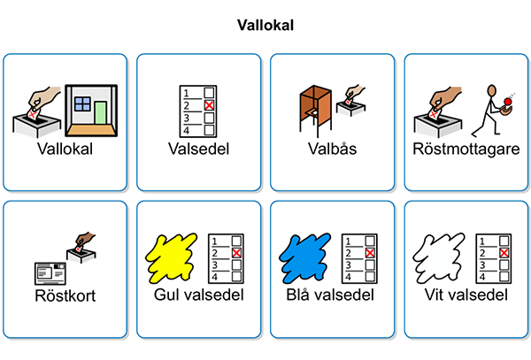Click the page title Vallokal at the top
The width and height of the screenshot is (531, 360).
pyautogui.click(x=265, y=26)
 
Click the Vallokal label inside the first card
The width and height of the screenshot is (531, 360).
pyautogui.click(x=65, y=149)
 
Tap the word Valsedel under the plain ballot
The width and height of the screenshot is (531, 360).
pyautogui.click(x=199, y=149)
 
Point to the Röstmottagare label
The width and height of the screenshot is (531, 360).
pyautogui.click(x=466, y=149)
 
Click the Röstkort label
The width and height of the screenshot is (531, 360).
pyautogui.click(x=65, y=295)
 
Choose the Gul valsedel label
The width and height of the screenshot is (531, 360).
pyautogui.click(x=199, y=295)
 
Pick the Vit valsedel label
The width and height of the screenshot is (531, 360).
pyautogui.click(x=466, y=295)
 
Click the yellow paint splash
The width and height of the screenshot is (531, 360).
pyautogui.click(x=173, y=257)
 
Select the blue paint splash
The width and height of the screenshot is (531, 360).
pyautogui.click(x=307, y=257)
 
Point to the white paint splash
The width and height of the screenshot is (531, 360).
pyautogui.click(x=441, y=257)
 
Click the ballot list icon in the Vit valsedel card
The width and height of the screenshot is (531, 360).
pyautogui.click(x=493, y=258)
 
